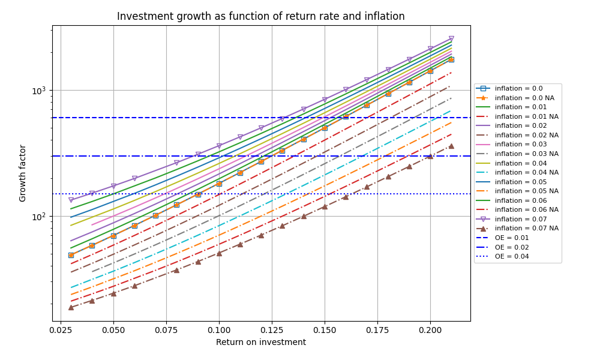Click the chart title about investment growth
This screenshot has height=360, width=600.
[260, 16]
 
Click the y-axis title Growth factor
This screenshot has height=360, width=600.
[23, 173]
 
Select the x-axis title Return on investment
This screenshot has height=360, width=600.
[261, 342]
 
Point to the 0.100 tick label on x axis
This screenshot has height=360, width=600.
[219, 330]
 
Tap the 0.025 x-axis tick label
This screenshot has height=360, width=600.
[61, 330]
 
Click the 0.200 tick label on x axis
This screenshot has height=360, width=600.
[430, 330]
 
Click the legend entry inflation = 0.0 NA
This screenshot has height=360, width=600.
[524, 98]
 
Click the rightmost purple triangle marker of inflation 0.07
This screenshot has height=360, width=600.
[452, 38]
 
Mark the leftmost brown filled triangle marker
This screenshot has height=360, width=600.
[71, 307]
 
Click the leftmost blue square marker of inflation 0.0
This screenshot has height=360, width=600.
[71, 255]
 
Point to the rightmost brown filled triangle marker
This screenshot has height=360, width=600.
[452, 146]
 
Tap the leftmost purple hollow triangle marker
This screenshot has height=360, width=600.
[71, 200]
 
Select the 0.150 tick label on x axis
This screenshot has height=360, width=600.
[325, 330]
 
